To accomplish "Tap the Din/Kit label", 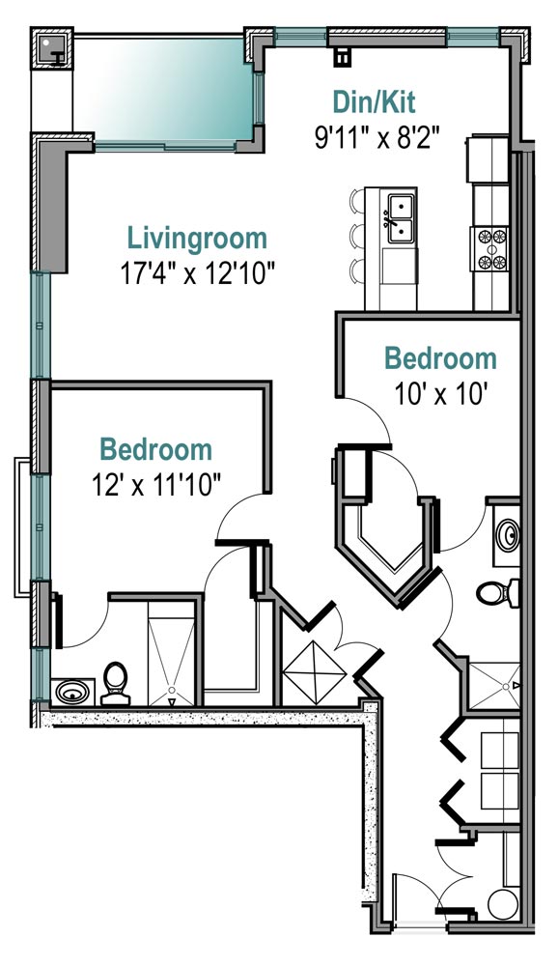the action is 374,102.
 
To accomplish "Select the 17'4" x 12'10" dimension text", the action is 197,273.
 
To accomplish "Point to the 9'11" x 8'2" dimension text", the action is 377,137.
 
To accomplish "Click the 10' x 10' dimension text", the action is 440,393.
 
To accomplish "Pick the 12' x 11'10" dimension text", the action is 155,484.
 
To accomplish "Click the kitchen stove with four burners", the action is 490,249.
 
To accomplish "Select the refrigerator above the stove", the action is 488,159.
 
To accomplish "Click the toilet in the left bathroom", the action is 115,683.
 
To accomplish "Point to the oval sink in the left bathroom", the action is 72,693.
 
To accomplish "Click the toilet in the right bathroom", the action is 497,593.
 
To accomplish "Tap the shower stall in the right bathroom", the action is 494,685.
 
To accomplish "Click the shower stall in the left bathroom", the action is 171,652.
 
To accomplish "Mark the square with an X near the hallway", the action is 314,672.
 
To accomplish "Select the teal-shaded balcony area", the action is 163,90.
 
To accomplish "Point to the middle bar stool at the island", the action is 357,236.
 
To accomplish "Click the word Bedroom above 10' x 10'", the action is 440,359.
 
